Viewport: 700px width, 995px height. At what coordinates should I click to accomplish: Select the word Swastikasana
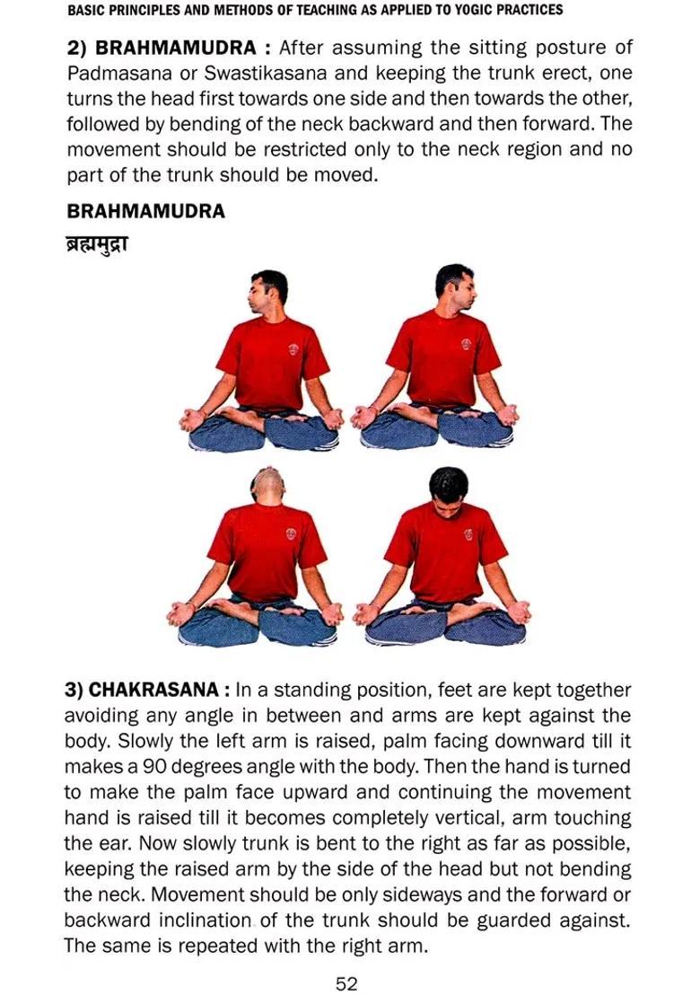point(268,73)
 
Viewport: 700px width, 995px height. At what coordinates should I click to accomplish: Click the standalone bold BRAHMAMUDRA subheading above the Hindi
point(145,212)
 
